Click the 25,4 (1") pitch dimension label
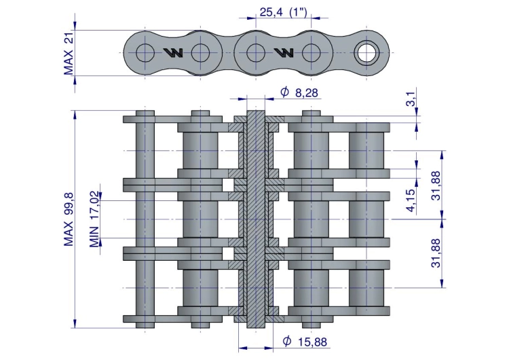coord(284,12)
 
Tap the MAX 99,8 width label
coord(69,219)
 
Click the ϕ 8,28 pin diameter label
coord(299,92)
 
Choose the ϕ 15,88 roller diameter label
coord(305,342)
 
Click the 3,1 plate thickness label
coord(411,98)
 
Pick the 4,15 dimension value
coord(411,200)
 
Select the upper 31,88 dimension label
coord(436,185)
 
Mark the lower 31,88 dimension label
coord(436,253)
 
